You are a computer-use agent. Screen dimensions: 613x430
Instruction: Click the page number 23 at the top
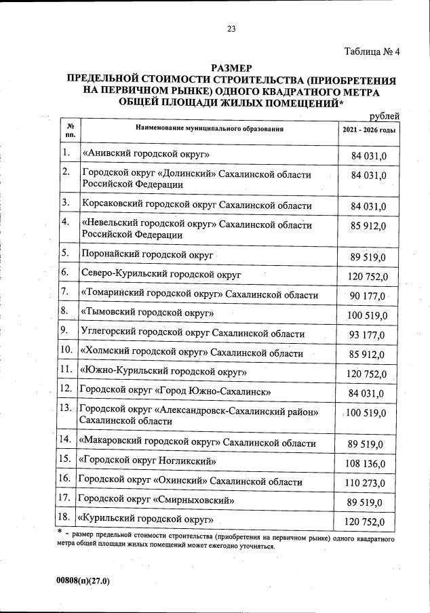[231, 28]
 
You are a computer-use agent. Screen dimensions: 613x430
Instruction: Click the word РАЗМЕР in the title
[231, 68]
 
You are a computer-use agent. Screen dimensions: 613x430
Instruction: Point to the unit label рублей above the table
[383, 116]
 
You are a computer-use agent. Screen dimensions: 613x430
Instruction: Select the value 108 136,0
[366, 464]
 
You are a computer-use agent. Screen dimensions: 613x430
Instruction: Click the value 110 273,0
[366, 483]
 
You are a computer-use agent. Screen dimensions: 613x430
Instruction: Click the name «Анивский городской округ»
[146, 155]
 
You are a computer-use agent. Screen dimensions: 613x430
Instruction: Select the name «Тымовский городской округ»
[147, 313]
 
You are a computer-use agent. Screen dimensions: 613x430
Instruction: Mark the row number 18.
[66, 519]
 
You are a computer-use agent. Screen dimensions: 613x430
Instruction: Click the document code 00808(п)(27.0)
[83, 581]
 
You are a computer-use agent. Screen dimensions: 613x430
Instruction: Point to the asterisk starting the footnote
[61, 532]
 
